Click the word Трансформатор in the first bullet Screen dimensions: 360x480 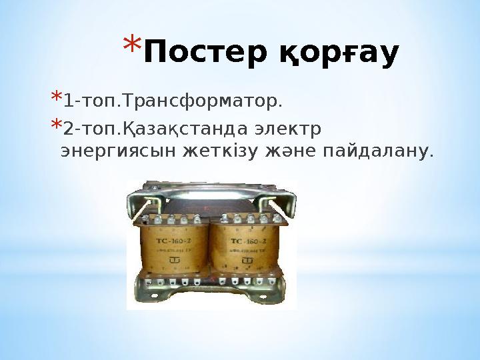pyautogui.click(x=201, y=102)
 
